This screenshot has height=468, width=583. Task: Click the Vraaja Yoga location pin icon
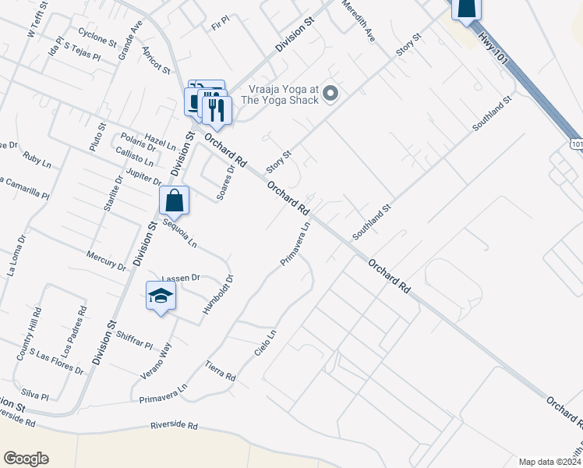pyautogui.click(x=330, y=94)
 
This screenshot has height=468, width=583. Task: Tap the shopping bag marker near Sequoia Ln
pyautogui.click(x=175, y=201)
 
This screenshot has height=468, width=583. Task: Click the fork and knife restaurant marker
pyautogui.click(x=217, y=108)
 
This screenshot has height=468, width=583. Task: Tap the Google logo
pyautogui.click(x=26, y=459)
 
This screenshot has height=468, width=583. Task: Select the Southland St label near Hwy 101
pyautogui.click(x=491, y=114)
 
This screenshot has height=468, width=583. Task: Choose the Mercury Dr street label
pyautogui.click(x=106, y=261)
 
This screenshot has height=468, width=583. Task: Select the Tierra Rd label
pyautogui.click(x=220, y=370)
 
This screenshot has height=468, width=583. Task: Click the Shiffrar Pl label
pyautogui.click(x=134, y=340)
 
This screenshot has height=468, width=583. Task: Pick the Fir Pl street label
pyautogui.click(x=221, y=27)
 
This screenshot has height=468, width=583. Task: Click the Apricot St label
pyautogui.click(x=156, y=60)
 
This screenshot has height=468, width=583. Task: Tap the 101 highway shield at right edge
pyautogui.click(x=577, y=144)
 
